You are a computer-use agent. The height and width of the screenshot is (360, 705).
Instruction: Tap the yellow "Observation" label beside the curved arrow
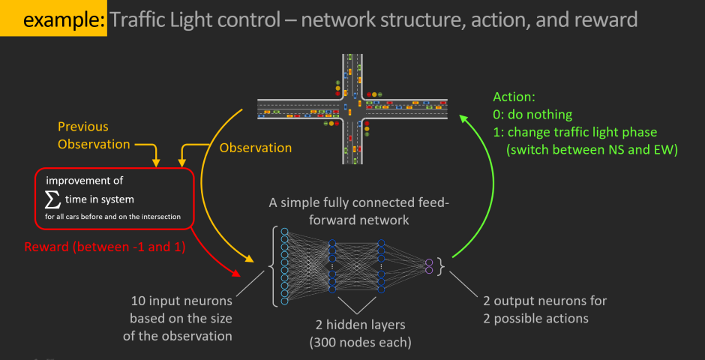click(255, 148)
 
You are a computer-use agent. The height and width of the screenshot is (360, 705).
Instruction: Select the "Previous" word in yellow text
click(82, 127)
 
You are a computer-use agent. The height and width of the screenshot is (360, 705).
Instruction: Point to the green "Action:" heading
click(514, 97)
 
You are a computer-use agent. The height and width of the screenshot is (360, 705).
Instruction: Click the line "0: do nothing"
click(532, 115)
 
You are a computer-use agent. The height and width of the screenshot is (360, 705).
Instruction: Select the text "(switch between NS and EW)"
click(592, 149)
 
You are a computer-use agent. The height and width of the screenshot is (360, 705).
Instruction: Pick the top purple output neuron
click(429, 262)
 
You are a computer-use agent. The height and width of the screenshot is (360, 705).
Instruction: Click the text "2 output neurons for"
click(545, 301)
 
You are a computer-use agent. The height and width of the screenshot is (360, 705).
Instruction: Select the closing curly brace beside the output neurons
click(442, 266)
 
